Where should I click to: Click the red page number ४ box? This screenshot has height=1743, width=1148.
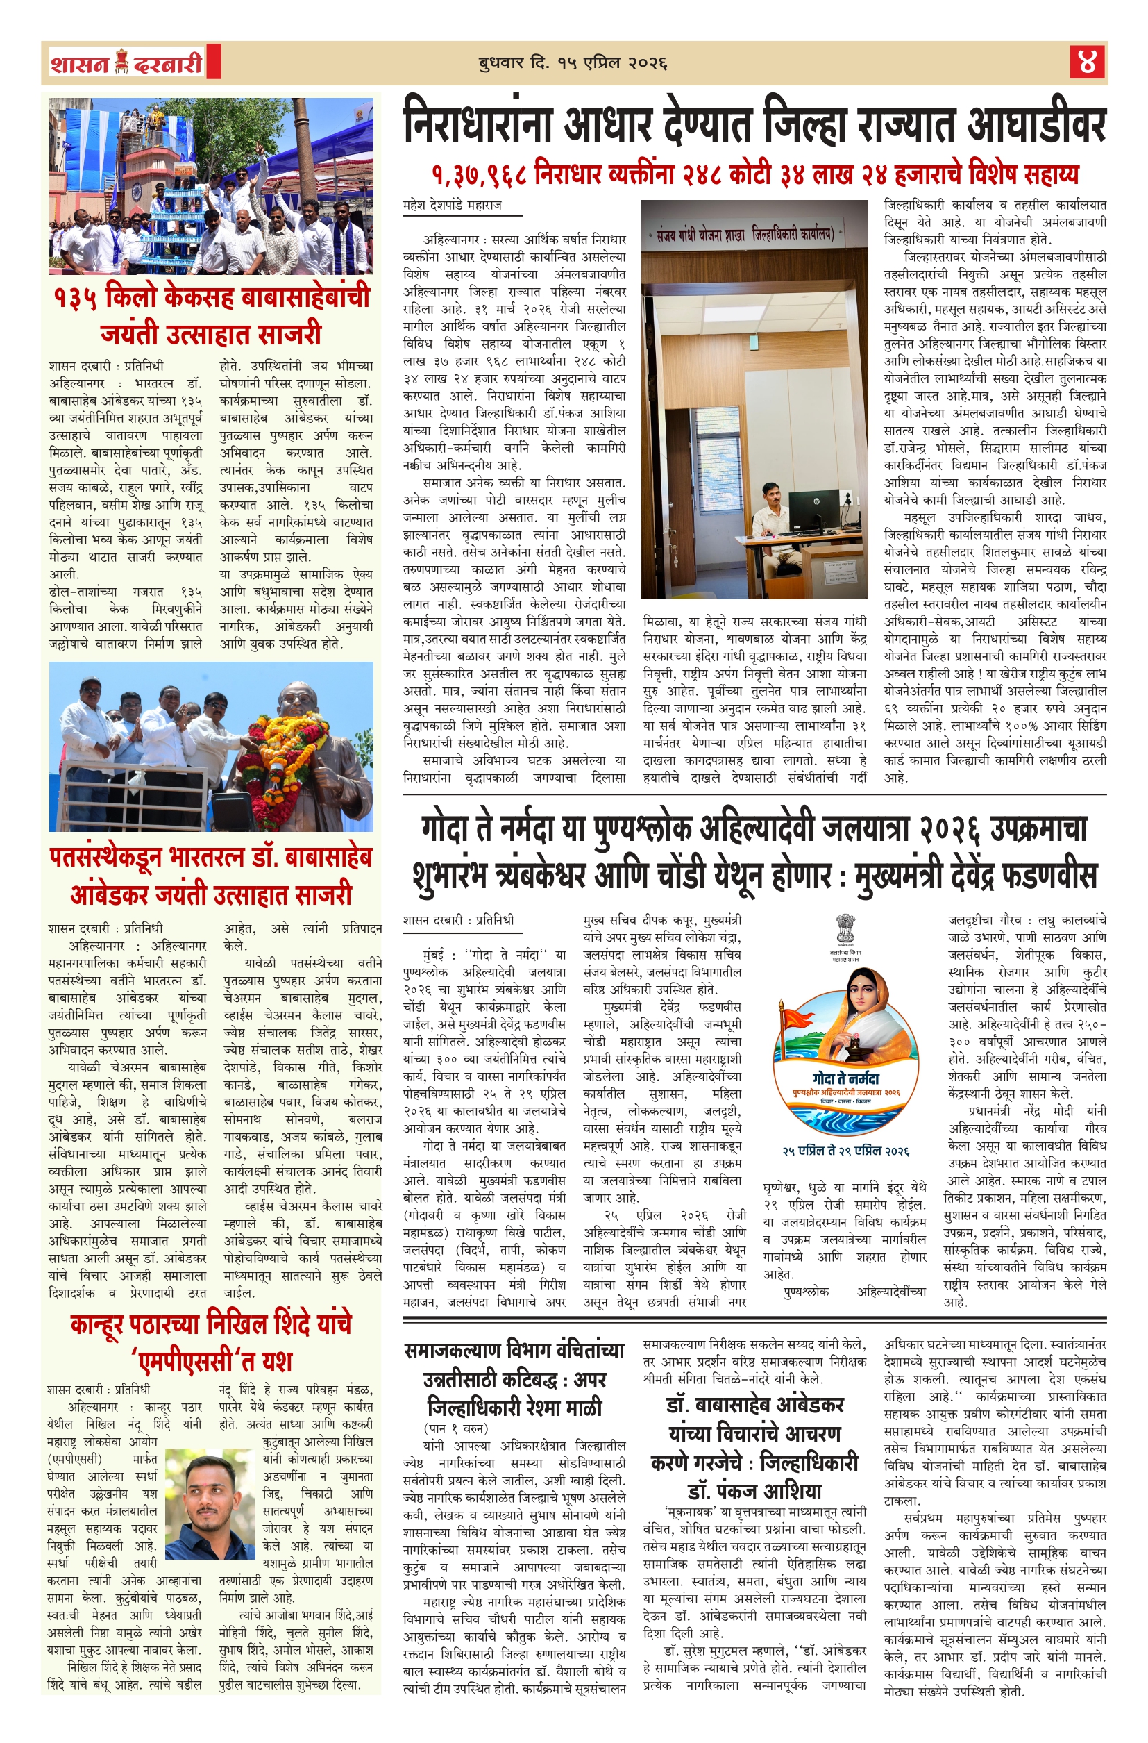pyautogui.click(x=1086, y=62)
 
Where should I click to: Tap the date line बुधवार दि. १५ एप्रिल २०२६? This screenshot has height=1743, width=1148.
pyautogui.click(x=573, y=63)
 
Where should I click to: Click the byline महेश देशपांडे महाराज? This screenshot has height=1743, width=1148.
pyautogui.click(x=452, y=206)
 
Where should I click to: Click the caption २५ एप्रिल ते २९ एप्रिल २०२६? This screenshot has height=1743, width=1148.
pyautogui.click(x=845, y=1151)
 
